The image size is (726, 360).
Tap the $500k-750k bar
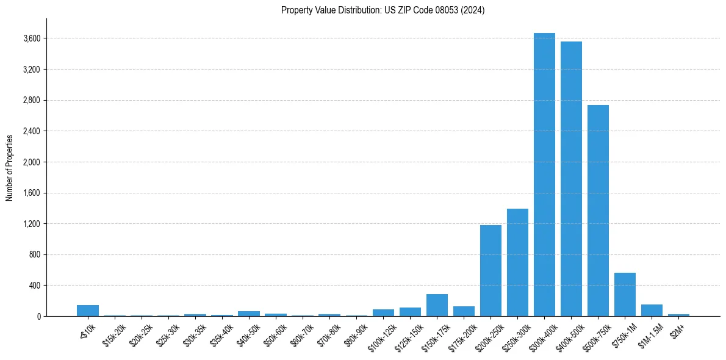click(598, 211)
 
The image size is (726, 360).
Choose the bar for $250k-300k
click(517, 262)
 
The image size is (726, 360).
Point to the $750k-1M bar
click(625, 294)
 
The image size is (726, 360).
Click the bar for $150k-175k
click(437, 305)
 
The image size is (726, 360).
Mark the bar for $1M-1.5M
click(652, 310)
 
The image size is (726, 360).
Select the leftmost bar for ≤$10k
click(88, 311)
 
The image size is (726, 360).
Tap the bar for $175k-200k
click(464, 311)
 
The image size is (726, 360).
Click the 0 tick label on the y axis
click(38, 316)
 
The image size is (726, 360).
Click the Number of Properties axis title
click(10, 167)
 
